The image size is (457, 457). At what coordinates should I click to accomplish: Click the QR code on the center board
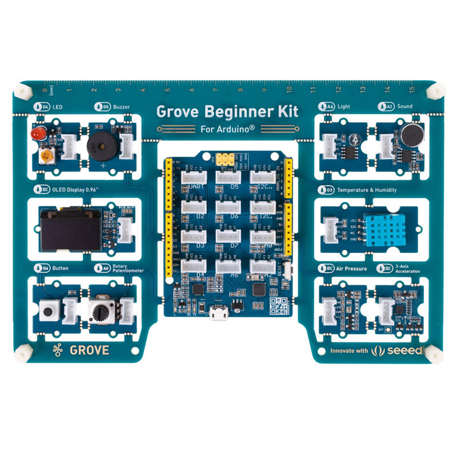pyautogui.click(x=278, y=306)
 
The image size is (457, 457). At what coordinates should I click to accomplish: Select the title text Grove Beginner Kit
pyautogui.click(x=227, y=111)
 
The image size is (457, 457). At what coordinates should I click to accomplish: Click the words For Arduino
pyautogui.click(x=227, y=129)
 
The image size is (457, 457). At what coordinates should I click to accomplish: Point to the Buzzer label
pyautogui.click(x=124, y=106)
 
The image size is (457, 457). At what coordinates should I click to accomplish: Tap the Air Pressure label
pyautogui.click(x=351, y=267)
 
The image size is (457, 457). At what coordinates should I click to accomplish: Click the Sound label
pyautogui.click(x=405, y=106)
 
